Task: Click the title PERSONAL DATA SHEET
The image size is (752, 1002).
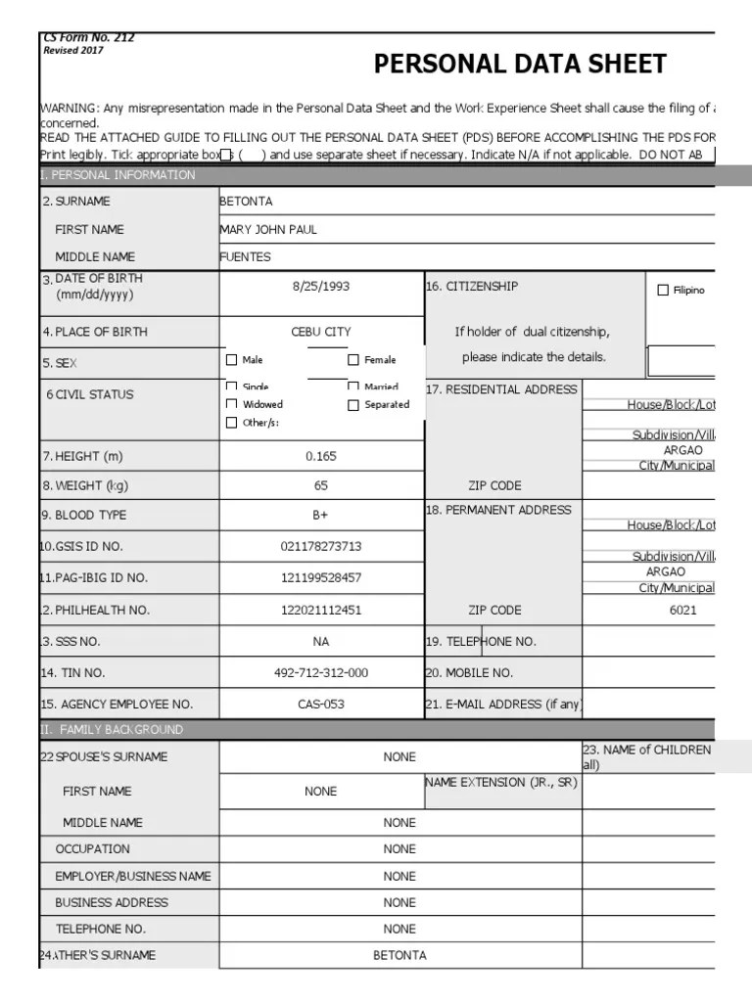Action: point(520,65)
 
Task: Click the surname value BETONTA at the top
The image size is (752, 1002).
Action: point(246,202)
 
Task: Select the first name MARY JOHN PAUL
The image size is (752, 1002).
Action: point(268,230)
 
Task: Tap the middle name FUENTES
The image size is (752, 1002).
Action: point(245,257)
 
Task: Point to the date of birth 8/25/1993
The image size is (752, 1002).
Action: point(320,287)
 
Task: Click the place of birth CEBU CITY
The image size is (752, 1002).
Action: point(320,332)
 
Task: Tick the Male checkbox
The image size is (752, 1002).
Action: point(232,360)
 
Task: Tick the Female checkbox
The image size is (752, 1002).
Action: point(353,360)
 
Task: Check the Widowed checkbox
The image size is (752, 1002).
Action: point(232,404)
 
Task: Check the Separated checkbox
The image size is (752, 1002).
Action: point(353,405)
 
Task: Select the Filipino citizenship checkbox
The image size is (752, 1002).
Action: point(663,291)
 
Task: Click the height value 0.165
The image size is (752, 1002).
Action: point(320,456)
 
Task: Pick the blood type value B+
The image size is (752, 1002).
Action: point(320,515)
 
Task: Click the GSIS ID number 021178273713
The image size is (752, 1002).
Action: point(320,546)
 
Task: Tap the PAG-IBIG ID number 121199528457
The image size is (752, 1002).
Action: point(320,578)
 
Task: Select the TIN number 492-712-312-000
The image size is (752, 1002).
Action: point(320,673)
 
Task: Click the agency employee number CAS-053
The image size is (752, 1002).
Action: point(320,705)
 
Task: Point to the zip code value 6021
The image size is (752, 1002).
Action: point(682,610)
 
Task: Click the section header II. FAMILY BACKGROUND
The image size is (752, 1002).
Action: point(112,730)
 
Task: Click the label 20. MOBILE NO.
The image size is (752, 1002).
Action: point(469,673)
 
